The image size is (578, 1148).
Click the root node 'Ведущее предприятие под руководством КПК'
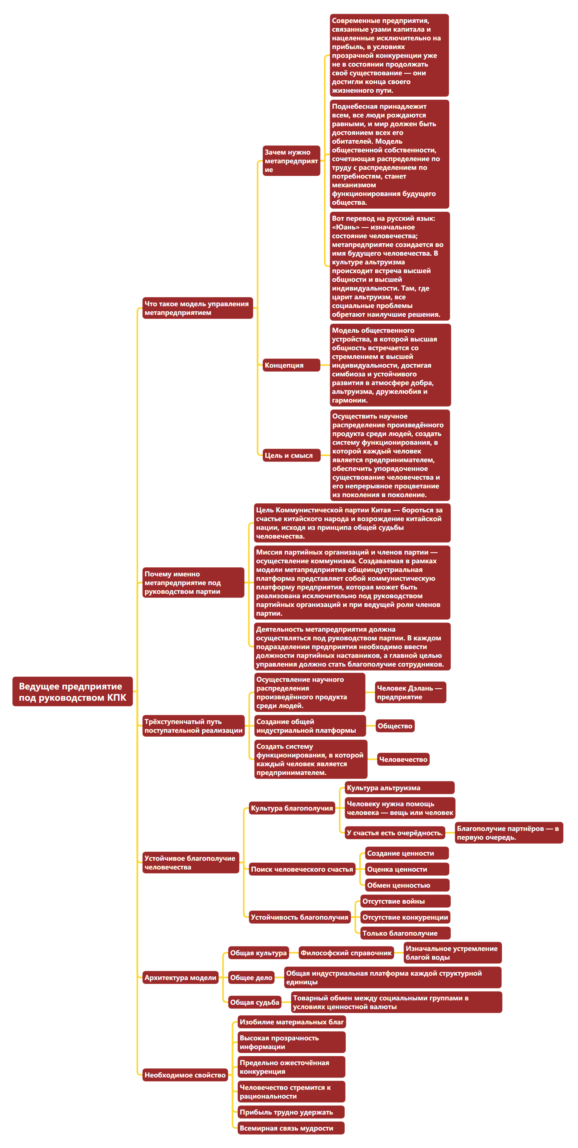click(x=72, y=692)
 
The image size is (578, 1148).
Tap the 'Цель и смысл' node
click(x=291, y=455)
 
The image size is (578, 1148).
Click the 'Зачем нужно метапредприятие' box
click(x=291, y=160)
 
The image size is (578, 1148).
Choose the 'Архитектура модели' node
click(x=180, y=977)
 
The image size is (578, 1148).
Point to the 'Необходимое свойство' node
click(x=185, y=1075)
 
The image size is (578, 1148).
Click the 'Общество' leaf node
click(x=395, y=726)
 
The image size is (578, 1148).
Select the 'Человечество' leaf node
click(x=403, y=759)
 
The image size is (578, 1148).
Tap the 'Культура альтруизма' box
click(x=399, y=788)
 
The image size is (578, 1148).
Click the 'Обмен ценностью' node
click(x=407, y=885)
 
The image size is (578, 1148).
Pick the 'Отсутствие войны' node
click(x=405, y=901)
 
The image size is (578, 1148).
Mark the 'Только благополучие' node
click(x=405, y=933)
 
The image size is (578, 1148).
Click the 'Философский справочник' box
click(x=346, y=953)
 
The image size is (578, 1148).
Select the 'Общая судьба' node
click(x=255, y=1002)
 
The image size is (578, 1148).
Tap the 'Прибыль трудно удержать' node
click(x=291, y=1112)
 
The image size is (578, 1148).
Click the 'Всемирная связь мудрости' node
click(x=291, y=1128)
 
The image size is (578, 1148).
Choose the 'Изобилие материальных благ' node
click(x=292, y=1022)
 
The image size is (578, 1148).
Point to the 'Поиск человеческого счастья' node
click(x=302, y=869)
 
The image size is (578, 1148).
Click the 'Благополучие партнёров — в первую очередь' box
click(x=509, y=832)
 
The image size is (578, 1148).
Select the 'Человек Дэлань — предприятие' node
click(x=410, y=692)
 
